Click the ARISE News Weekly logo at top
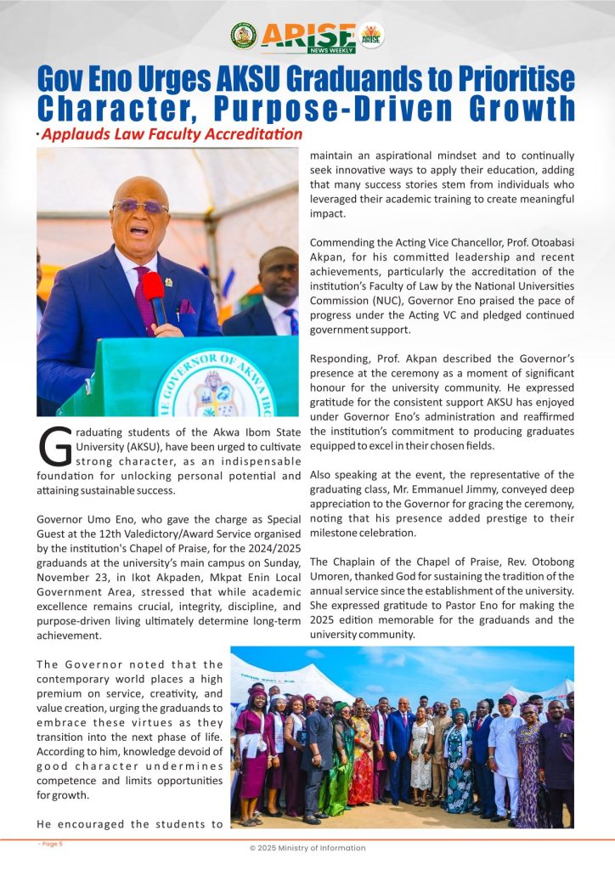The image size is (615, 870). (x=307, y=37)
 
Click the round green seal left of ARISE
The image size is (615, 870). (x=243, y=36)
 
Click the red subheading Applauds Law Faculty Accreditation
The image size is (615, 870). (x=172, y=134)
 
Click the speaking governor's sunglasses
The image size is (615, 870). (x=139, y=206)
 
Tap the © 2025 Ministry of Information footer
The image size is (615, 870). (x=307, y=848)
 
